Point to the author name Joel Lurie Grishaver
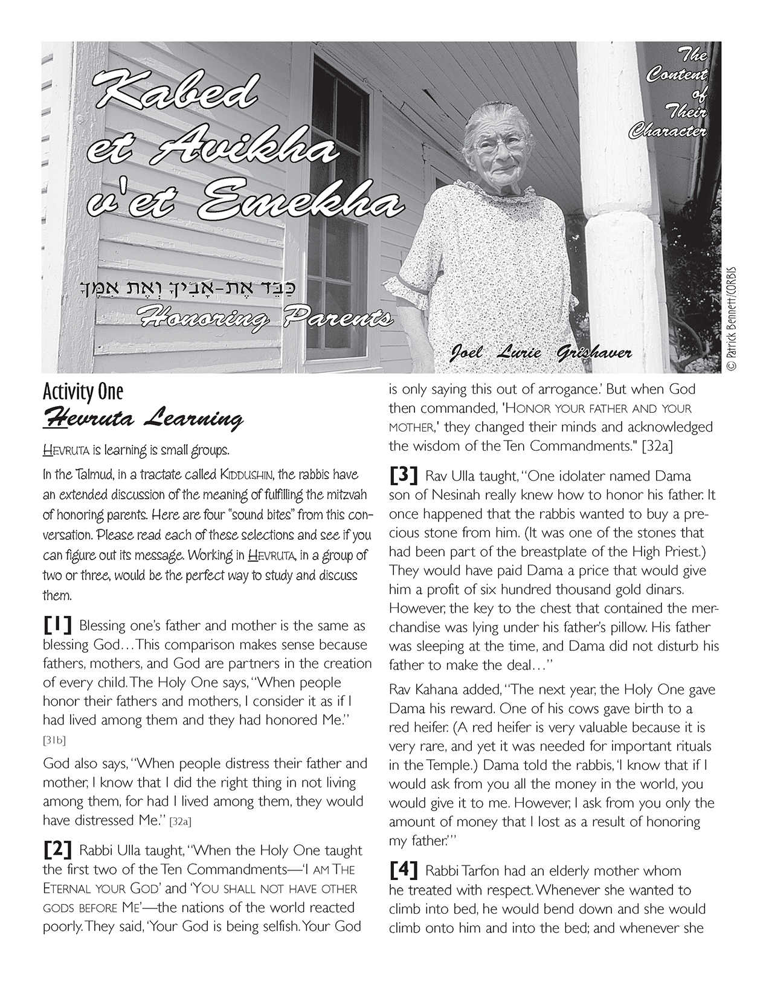tap(541, 352)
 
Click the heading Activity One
tap(83, 392)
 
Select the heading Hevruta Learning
tap(143, 418)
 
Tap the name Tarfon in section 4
tap(477, 872)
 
